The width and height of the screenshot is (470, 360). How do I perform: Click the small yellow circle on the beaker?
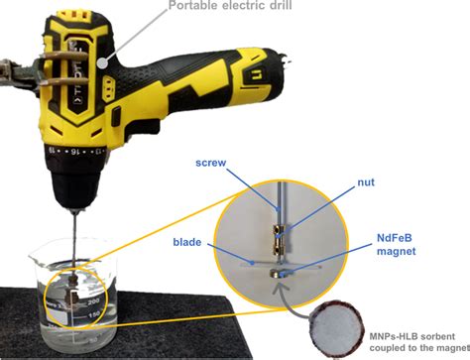[x=67, y=296]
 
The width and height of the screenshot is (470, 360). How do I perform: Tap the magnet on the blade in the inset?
[x=286, y=266]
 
